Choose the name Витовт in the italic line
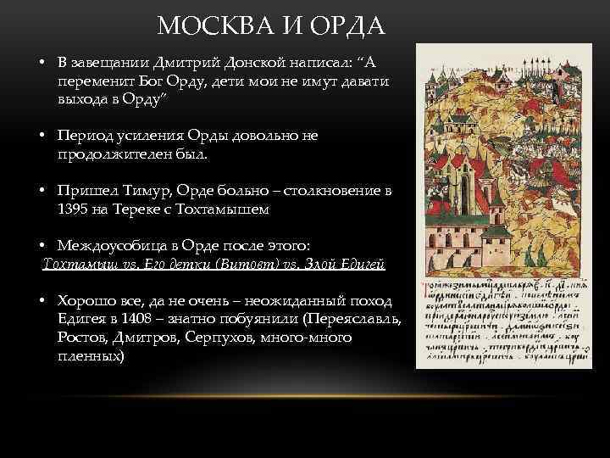pos(259,265)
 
